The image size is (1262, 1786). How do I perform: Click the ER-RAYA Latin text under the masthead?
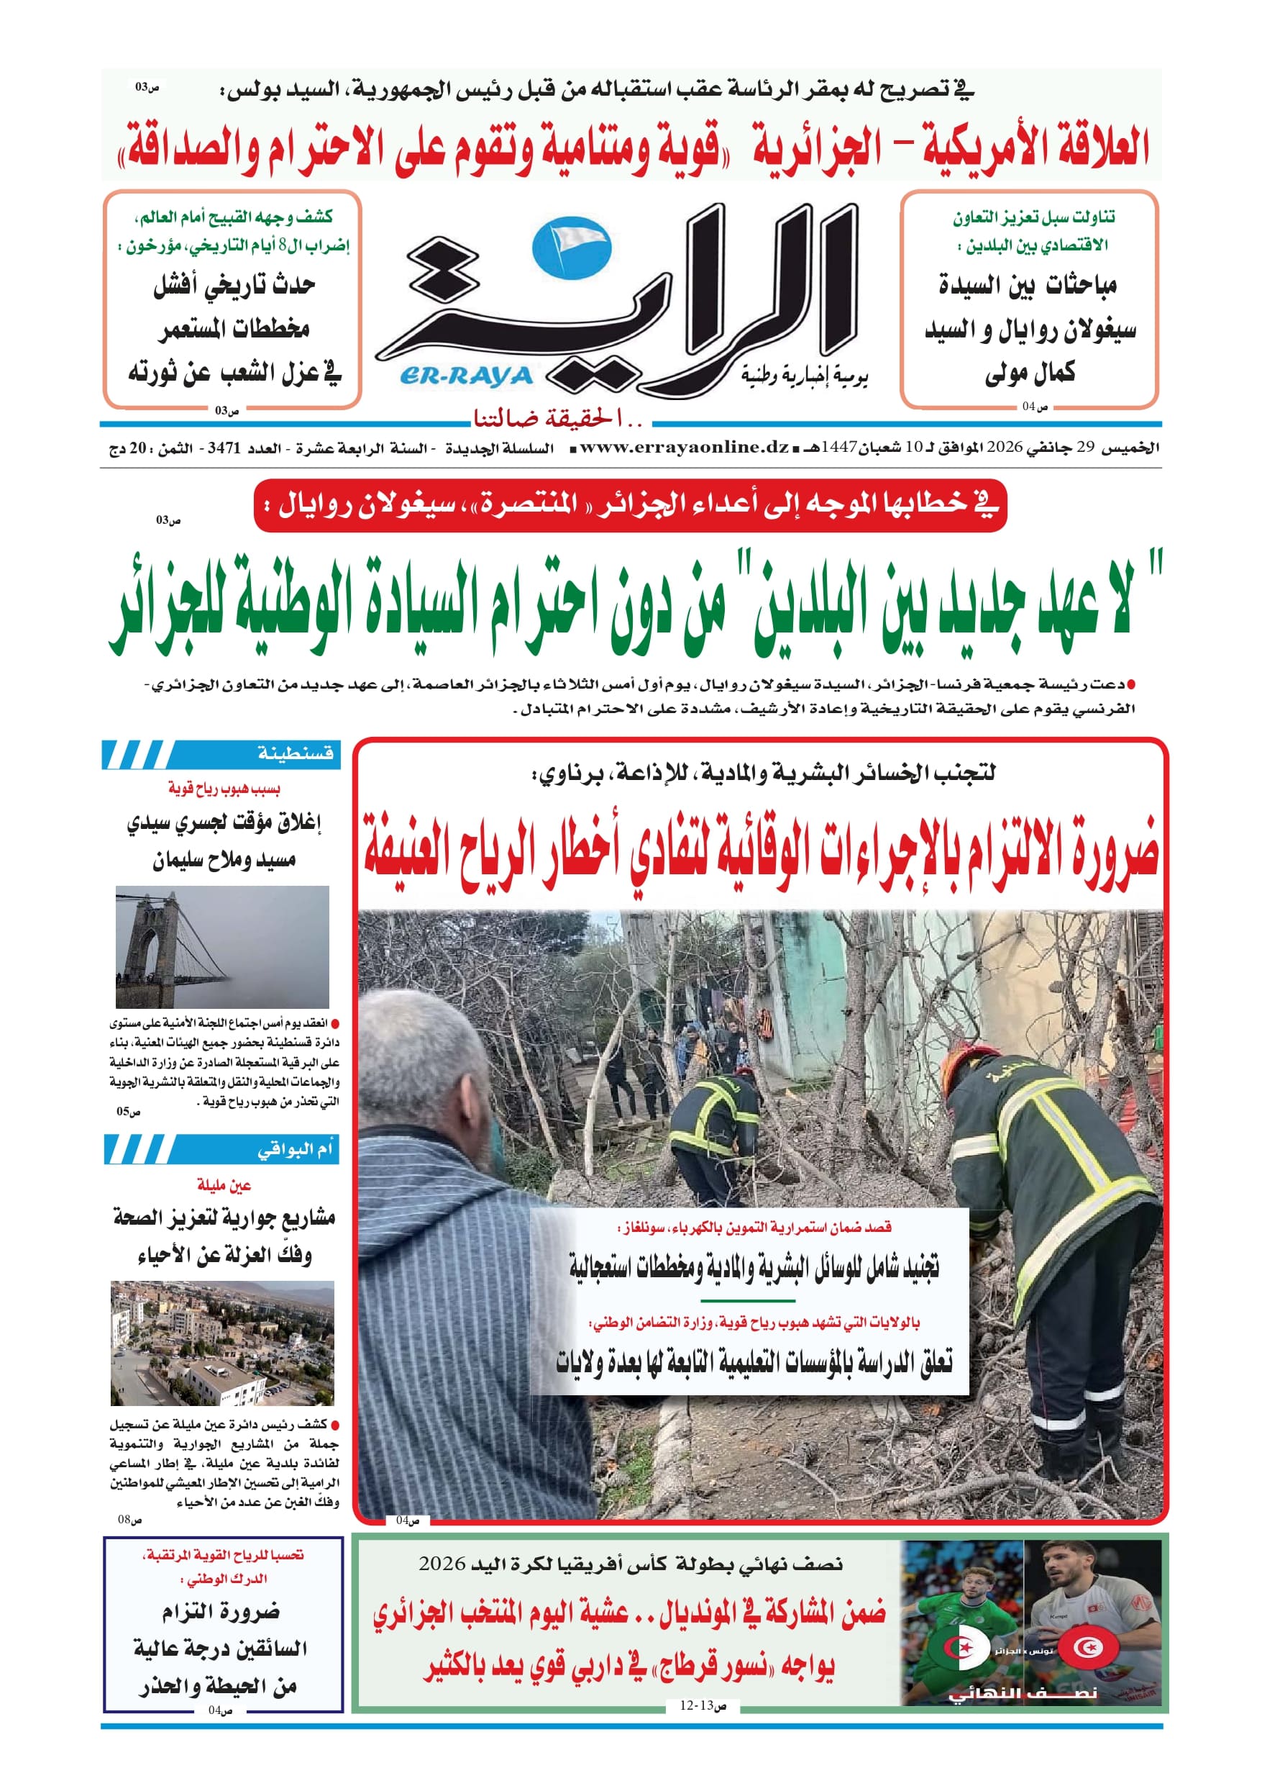[x=466, y=376]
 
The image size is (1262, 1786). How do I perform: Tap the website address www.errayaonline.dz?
[x=685, y=448]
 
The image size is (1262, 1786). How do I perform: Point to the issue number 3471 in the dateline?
[x=224, y=449]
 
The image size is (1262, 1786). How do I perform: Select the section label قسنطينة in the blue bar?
[x=296, y=753]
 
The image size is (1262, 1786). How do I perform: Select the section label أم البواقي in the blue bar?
[x=296, y=1149]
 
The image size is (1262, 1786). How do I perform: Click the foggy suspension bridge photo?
[x=222, y=946]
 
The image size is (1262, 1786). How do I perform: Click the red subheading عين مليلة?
[x=224, y=1184]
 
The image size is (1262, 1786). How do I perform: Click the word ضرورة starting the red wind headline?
[x=1112, y=852]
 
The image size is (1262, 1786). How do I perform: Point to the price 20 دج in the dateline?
[x=126, y=449]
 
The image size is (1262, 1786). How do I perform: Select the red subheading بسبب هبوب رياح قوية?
[x=224, y=789]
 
